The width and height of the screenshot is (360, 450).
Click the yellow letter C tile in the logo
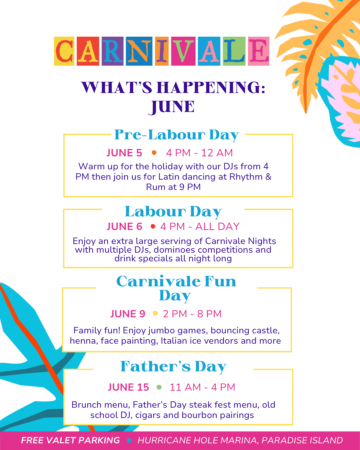click(x=64, y=51)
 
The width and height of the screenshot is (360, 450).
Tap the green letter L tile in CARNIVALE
click(x=234, y=51)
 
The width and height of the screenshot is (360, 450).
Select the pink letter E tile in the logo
click(x=259, y=51)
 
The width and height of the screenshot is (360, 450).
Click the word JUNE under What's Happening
click(x=172, y=107)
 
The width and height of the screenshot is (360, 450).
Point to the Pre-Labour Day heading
click(x=176, y=135)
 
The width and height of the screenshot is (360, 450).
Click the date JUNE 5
click(x=124, y=153)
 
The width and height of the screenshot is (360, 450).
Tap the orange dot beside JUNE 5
click(x=154, y=153)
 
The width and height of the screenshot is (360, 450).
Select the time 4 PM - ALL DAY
click(x=200, y=226)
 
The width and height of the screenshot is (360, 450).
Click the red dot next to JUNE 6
click(x=153, y=226)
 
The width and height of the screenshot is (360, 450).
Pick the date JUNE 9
click(x=128, y=314)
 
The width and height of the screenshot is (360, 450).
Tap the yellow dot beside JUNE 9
click(x=155, y=313)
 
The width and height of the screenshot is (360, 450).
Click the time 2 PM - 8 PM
click(x=192, y=314)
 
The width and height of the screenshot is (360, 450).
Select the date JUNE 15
click(x=128, y=387)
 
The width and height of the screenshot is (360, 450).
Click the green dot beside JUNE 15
click(x=159, y=387)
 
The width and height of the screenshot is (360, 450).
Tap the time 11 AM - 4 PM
click(x=202, y=387)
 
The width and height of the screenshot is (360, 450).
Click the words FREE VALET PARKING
click(x=70, y=440)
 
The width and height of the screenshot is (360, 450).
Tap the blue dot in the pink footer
click(x=129, y=441)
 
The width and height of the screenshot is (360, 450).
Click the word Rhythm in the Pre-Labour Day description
click(x=246, y=177)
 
